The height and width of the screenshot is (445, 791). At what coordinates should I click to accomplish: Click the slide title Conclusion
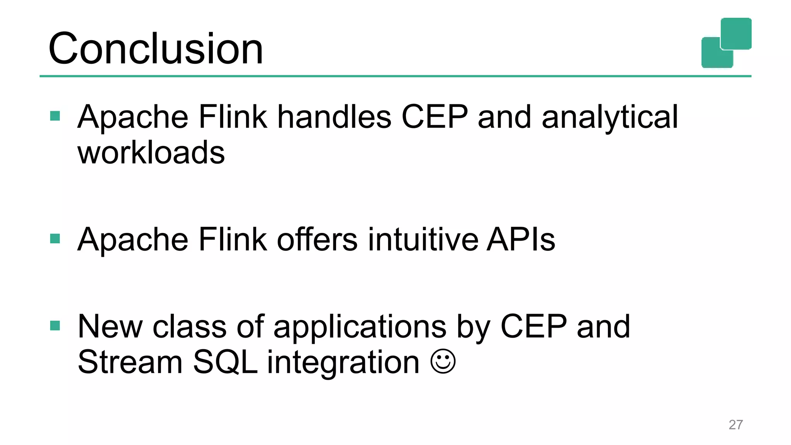pyautogui.click(x=155, y=49)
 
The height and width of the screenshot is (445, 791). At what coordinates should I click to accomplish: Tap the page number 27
pyautogui.click(x=735, y=425)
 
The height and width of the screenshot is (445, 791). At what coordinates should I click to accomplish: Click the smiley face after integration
pyautogui.click(x=443, y=362)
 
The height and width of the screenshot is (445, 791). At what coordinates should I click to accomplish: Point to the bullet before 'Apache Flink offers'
pyautogui.click(x=55, y=239)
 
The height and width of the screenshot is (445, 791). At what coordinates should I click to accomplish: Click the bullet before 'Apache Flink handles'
pyautogui.click(x=55, y=116)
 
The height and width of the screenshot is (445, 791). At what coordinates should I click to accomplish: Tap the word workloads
pyautogui.click(x=151, y=152)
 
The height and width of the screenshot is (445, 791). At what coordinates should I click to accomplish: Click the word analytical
pyautogui.click(x=609, y=117)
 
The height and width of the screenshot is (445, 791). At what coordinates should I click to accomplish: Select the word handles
pyautogui.click(x=334, y=117)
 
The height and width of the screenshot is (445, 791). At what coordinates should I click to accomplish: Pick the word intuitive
pyautogui.click(x=423, y=239)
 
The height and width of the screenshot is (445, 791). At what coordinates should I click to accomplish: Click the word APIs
pyautogui.click(x=521, y=239)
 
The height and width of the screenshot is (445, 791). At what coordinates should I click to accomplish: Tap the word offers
pyautogui.click(x=317, y=239)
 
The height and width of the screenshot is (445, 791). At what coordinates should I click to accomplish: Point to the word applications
pyautogui.click(x=360, y=327)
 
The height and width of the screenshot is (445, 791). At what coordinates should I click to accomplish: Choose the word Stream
pyautogui.click(x=130, y=362)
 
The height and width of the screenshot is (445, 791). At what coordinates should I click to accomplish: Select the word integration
pyautogui.click(x=343, y=363)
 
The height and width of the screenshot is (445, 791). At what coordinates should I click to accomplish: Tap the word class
pyautogui.click(x=189, y=326)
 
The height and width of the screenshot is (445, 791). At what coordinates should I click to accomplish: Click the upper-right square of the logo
pyautogui.click(x=736, y=33)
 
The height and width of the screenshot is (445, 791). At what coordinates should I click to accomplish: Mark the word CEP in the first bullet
pyautogui.click(x=435, y=117)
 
